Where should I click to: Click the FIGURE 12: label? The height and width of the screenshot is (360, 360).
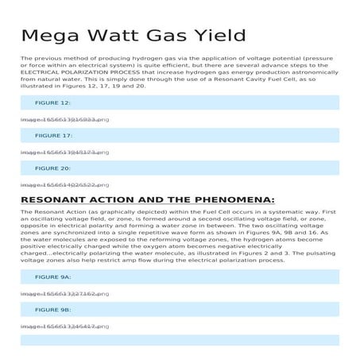(52, 103)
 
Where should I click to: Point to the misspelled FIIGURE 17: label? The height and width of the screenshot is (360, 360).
(53, 136)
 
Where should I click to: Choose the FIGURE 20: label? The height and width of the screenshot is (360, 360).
(52, 168)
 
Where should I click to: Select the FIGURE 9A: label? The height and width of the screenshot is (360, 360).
(52, 277)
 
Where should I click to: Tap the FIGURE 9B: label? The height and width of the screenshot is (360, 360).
(52, 309)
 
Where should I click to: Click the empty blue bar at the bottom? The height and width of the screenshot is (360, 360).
(180, 340)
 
